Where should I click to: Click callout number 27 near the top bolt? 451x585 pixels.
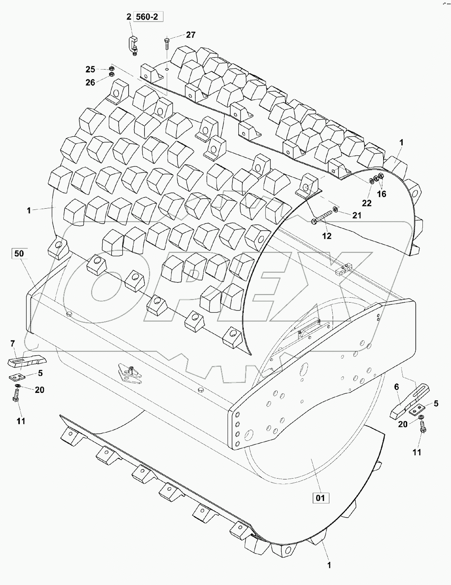(190, 35)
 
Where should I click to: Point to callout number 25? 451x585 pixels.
(90, 69)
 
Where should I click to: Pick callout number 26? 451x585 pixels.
(90, 82)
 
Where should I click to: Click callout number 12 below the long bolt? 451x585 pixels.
(326, 236)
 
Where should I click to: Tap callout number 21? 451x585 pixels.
(356, 215)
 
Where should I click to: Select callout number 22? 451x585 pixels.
(367, 203)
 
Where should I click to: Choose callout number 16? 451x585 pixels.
(381, 194)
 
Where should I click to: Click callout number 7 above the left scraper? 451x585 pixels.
(12, 343)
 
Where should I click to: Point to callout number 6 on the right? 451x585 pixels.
(396, 387)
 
